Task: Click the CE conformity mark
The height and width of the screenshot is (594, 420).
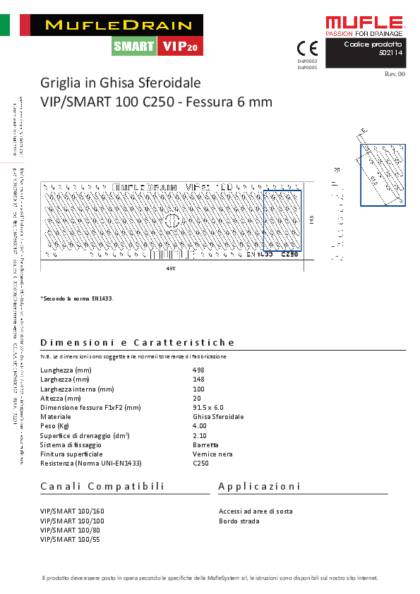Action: [308, 49]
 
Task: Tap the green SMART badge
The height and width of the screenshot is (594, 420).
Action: [133, 47]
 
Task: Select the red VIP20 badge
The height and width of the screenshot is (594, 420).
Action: [180, 47]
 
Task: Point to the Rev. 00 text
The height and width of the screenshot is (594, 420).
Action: [395, 73]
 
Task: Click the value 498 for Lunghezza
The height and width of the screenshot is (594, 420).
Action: [198, 370]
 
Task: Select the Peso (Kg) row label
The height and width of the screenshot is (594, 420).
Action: [54, 426]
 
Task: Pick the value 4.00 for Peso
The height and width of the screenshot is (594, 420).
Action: [200, 426]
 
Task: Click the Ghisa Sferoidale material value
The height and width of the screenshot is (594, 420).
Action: [218, 417]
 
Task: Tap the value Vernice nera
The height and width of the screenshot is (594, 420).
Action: [213, 454]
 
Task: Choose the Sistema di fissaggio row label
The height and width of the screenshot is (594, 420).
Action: [71, 445]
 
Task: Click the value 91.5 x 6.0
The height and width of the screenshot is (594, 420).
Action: [208, 408]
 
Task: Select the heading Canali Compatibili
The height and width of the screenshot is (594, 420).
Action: [102, 487]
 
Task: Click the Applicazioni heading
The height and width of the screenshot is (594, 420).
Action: [259, 487]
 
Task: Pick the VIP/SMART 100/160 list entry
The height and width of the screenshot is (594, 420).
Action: [72, 511]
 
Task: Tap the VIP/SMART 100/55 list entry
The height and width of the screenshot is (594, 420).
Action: [71, 539]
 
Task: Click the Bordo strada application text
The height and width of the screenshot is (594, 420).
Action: [239, 521]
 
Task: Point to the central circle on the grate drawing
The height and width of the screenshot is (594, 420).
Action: [172, 222]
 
